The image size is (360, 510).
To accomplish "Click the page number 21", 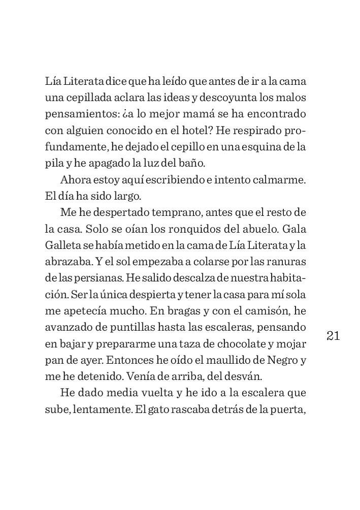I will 333,336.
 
